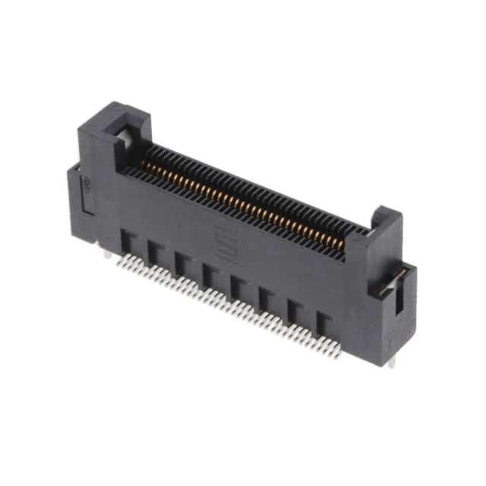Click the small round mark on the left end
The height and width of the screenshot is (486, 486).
click(x=89, y=182)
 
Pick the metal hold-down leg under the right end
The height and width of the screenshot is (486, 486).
click(x=392, y=361)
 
